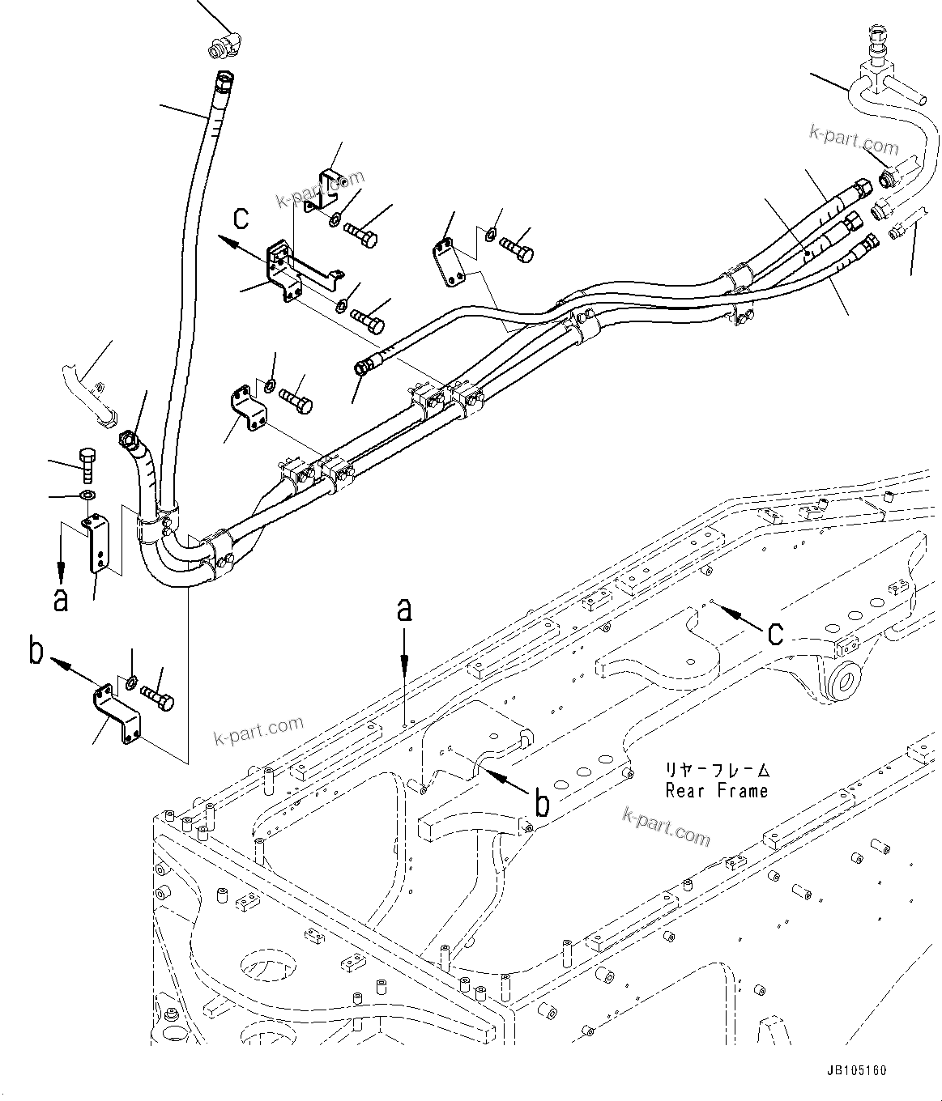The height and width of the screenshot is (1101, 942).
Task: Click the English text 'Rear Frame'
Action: (x=716, y=790)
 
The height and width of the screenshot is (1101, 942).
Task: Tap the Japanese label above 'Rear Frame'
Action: (x=716, y=770)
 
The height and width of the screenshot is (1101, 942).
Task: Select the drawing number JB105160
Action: (x=856, y=1070)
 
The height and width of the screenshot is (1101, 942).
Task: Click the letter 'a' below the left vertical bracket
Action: (x=61, y=599)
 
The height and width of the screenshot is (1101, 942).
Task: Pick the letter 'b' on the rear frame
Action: (x=543, y=803)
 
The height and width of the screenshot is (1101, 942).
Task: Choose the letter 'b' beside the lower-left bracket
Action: (x=36, y=652)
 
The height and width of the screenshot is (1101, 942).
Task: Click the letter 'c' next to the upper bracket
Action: (x=241, y=219)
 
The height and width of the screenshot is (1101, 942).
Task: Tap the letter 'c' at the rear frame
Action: (x=774, y=632)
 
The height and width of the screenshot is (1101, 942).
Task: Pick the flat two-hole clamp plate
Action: (x=448, y=262)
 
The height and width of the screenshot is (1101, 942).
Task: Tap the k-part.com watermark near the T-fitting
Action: (x=853, y=141)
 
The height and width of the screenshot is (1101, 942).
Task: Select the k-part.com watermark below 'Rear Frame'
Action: (x=667, y=827)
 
